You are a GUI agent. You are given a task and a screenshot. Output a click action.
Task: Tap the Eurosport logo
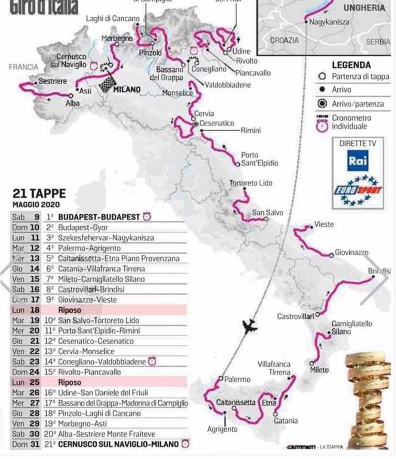click(x=358, y=191)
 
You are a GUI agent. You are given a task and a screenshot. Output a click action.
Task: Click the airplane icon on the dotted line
click(x=250, y=328)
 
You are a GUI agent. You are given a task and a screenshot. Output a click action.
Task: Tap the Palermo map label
click(x=237, y=379)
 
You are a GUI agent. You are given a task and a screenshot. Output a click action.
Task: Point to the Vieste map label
click(x=324, y=224)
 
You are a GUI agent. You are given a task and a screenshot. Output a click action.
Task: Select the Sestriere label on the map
click(x=53, y=81)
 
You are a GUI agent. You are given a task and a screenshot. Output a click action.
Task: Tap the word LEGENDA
click(x=351, y=65)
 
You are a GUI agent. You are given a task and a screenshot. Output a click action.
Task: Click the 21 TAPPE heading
click(x=39, y=194)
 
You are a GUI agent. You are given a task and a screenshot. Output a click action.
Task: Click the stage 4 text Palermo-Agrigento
click(x=89, y=248)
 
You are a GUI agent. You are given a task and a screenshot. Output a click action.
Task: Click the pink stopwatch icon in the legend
click(x=323, y=125)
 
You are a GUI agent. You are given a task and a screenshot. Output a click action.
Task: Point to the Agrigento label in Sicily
click(x=222, y=429)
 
